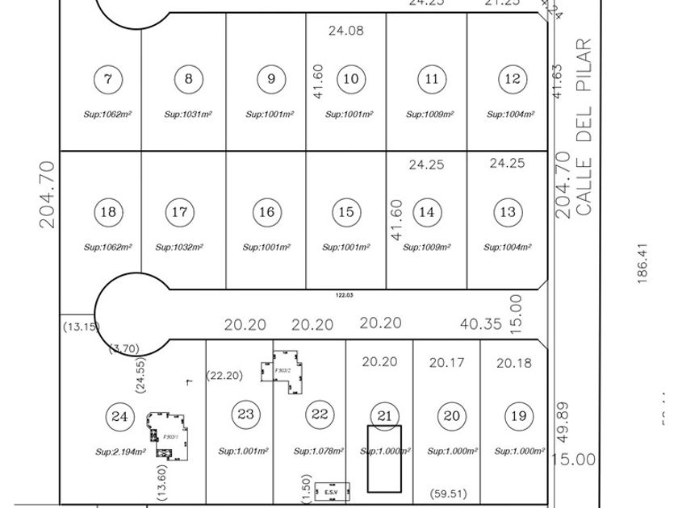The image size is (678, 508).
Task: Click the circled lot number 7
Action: click(x=108, y=79)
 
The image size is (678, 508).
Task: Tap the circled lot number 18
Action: click(x=108, y=212)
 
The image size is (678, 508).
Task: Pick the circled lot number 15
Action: click(x=346, y=212)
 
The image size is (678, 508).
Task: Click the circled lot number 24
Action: click(x=120, y=416)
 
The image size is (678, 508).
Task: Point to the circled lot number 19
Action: click(x=517, y=416)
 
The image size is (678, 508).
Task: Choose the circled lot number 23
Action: click(x=245, y=414)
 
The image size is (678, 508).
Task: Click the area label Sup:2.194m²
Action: click(x=120, y=452)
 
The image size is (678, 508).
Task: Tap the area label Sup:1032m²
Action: click(x=179, y=248)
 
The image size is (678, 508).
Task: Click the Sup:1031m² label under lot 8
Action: click(x=188, y=115)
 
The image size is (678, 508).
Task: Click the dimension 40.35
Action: click(x=480, y=324)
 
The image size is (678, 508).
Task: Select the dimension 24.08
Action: click(x=346, y=31)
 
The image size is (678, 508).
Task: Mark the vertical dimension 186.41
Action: click(x=643, y=264)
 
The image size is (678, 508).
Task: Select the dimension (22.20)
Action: click(x=225, y=375)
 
